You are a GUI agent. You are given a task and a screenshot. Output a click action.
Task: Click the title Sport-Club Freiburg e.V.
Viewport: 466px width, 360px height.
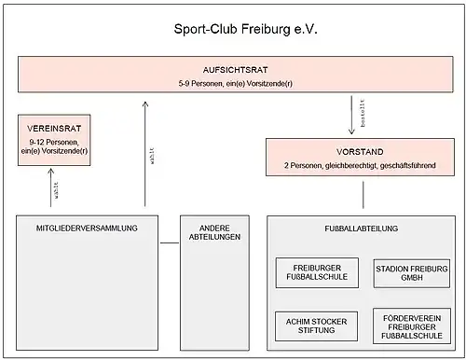click(x=245, y=29)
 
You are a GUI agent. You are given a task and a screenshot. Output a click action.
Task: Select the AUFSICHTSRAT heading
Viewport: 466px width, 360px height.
click(x=235, y=70)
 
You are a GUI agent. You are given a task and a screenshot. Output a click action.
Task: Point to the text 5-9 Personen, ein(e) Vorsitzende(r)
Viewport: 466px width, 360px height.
click(x=235, y=84)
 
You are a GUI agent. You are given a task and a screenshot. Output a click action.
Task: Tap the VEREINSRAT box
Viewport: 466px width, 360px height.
click(x=54, y=140)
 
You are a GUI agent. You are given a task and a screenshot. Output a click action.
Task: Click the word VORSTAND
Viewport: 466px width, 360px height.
click(x=360, y=152)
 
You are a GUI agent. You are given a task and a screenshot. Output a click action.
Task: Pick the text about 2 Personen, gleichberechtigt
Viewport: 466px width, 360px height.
click(x=360, y=165)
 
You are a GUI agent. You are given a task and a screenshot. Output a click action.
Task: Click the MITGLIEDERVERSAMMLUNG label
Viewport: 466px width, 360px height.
click(x=87, y=228)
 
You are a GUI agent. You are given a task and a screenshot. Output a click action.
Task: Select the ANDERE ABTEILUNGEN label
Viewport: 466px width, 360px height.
click(x=214, y=232)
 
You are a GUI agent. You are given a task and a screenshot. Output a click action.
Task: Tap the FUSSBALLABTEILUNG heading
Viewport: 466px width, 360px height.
click(x=362, y=228)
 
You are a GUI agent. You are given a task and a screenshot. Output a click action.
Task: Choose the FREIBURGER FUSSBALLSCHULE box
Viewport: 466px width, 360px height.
click(x=317, y=272)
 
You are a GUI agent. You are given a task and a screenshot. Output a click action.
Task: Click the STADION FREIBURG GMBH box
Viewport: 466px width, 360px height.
click(x=412, y=273)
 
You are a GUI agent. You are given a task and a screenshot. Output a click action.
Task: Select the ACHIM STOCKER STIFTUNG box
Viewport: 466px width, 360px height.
click(x=316, y=326)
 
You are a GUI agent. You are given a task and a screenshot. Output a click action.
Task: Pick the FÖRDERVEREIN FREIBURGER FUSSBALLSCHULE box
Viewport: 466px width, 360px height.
click(x=412, y=326)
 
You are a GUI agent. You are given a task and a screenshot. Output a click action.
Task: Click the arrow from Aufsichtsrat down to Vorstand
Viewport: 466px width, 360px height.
click(x=351, y=115)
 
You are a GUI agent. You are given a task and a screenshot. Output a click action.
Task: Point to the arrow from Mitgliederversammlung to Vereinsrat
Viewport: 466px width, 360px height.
click(x=51, y=187)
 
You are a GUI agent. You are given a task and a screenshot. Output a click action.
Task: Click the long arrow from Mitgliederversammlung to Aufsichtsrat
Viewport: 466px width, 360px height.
click(x=145, y=154)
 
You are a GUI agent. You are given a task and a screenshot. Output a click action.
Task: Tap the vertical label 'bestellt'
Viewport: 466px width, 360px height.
click(x=363, y=113)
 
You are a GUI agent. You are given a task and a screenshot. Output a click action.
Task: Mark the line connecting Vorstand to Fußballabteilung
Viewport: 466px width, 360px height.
click(x=363, y=195)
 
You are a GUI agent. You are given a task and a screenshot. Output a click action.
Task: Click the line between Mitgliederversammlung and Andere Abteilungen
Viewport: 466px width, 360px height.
click(x=170, y=242)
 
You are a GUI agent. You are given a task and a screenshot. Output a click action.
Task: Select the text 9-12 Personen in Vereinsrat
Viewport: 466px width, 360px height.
click(x=54, y=142)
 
